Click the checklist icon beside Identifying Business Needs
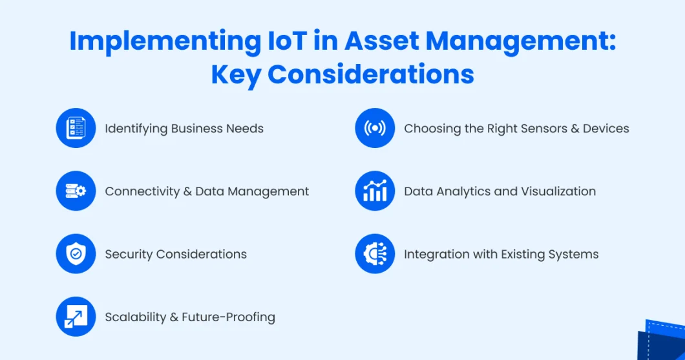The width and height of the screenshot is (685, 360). tap(76, 128)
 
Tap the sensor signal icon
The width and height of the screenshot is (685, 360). tap(375, 128)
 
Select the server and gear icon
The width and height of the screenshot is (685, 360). tap(76, 191)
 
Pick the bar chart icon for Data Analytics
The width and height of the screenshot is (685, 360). tap(375, 191)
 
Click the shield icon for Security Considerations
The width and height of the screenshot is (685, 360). tap(76, 254)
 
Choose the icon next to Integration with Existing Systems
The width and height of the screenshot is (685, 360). tap(375, 254)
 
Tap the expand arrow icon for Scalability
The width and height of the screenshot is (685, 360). tap(76, 317)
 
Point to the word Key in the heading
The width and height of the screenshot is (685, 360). tap(236, 75)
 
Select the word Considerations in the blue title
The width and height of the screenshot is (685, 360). tap(371, 74)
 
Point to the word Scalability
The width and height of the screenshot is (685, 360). tap(136, 317)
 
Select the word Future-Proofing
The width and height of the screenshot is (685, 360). tap(229, 317)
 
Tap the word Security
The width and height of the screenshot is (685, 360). tap(129, 255)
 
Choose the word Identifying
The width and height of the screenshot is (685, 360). tap(136, 129)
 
